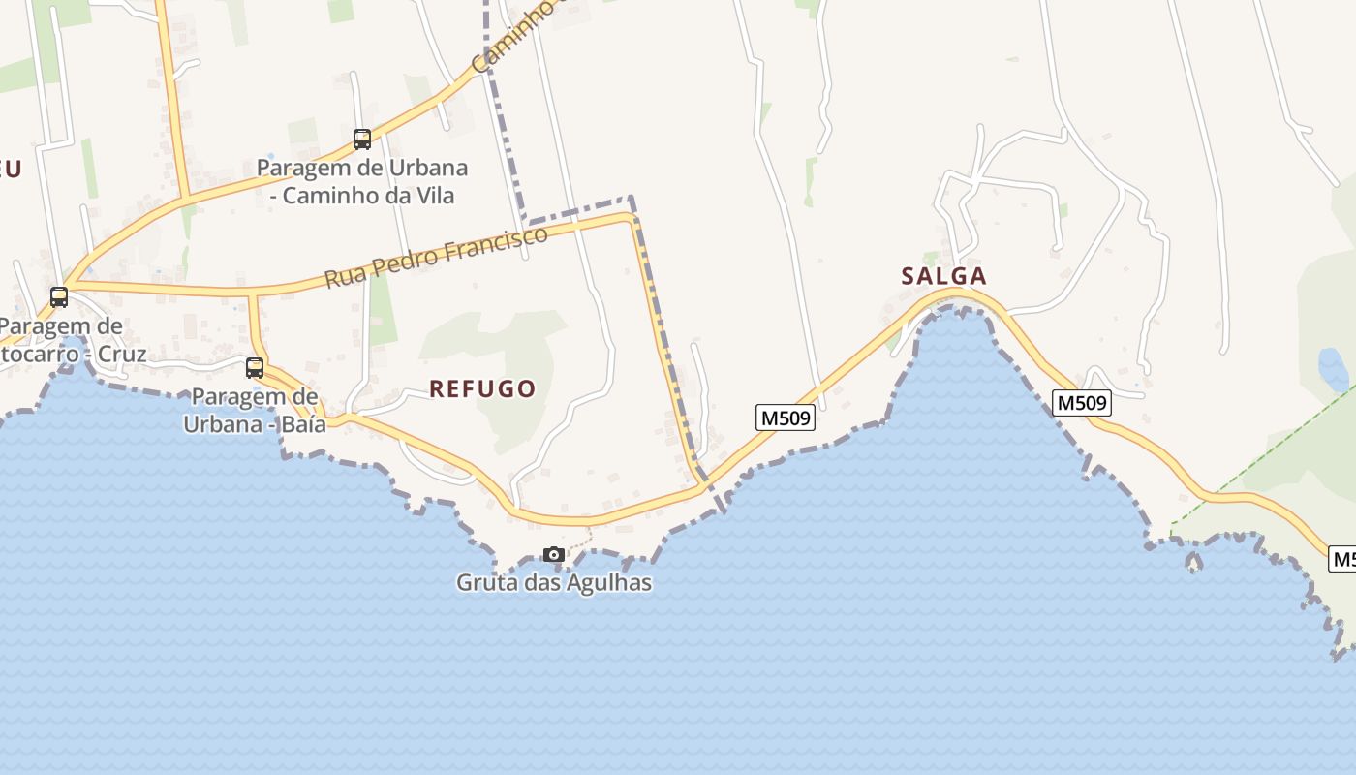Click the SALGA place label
pyautogui.click(x=943, y=276)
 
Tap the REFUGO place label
pyautogui.click(x=482, y=389)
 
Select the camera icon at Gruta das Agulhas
pyautogui.click(x=554, y=555)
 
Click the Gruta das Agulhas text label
pyautogui.click(x=554, y=582)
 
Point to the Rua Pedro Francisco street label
pyautogui.click(x=436, y=257)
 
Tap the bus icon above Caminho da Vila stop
pyautogui.click(x=362, y=139)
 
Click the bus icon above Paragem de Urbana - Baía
pyautogui.click(x=255, y=368)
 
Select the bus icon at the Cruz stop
pyautogui.click(x=59, y=297)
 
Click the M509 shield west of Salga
pyautogui.click(x=785, y=418)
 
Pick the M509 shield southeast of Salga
pyautogui.click(x=1081, y=403)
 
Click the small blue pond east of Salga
pyautogui.click(x=1333, y=369)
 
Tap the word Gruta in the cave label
pyautogui.click(x=483, y=582)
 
